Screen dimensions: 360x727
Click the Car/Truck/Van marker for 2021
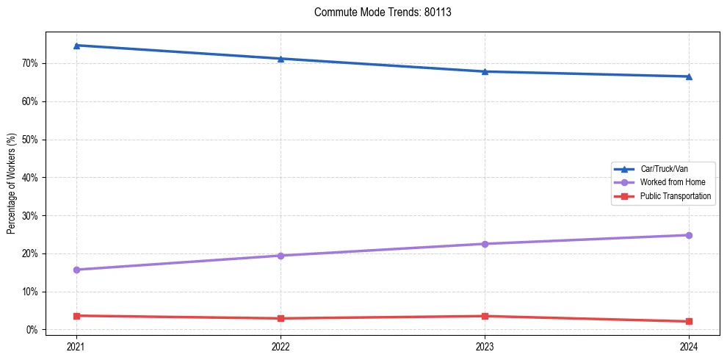click(x=76, y=46)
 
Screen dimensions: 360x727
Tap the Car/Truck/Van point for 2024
click(x=689, y=76)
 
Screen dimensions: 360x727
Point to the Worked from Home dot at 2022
click(x=281, y=256)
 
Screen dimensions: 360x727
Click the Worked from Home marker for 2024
click(x=689, y=235)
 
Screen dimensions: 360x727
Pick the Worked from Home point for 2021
click(x=76, y=270)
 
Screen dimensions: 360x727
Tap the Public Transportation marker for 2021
click(x=76, y=316)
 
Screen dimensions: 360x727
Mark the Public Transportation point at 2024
click(x=689, y=321)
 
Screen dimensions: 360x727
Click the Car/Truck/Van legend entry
click(x=664, y=168)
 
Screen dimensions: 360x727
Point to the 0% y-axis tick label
click(x=32, y=330)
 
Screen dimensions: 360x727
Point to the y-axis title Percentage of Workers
click(x=11, y=184)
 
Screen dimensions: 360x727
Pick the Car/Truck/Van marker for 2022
click(x=281, y=59)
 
